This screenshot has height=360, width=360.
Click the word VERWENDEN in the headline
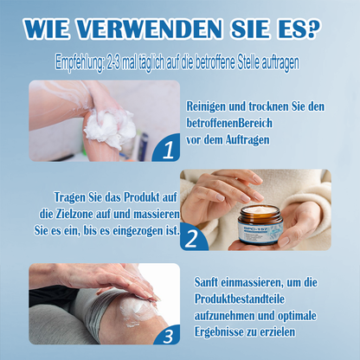pos(150,29)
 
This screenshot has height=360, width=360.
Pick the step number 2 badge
pos(192,237)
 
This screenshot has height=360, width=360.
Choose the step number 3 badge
pos(168,335)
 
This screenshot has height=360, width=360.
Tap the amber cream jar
pos(260,225)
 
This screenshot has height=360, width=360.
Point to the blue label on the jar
pos(260,232)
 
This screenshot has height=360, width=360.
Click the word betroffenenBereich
pos(229,123)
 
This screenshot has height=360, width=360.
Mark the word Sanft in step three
pos(206,282)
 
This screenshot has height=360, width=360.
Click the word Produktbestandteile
pos(240,299)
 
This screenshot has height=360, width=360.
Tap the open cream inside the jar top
pos(261,209)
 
